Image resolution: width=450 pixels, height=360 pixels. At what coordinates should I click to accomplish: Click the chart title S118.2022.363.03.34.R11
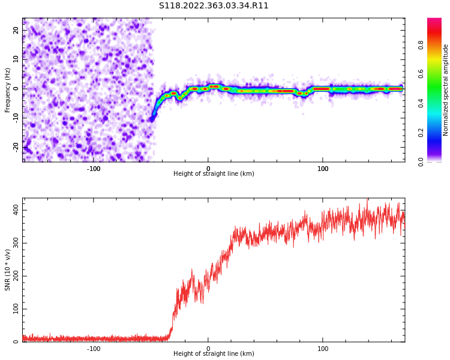point(214,6)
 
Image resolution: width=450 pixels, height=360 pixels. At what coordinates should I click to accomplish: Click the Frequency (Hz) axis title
point(8,90)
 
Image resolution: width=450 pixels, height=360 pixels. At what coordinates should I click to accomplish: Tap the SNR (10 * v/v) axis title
point(8,270)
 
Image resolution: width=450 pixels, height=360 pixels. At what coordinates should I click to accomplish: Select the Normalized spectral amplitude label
point(446,90)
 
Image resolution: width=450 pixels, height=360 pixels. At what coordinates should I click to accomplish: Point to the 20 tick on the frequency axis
point(16,30)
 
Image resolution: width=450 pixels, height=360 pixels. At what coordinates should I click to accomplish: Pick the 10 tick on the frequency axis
point(16,59)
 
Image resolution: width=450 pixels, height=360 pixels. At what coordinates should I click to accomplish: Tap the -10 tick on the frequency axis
point(15,118)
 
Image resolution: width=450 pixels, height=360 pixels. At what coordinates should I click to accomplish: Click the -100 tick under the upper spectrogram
point(94,169)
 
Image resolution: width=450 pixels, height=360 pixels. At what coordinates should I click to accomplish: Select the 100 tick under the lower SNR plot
point(323,349)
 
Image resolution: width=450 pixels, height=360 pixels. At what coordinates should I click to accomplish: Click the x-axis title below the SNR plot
point(214,354)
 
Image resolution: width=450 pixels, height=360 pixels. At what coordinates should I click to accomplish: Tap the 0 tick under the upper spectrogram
point(208,169)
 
